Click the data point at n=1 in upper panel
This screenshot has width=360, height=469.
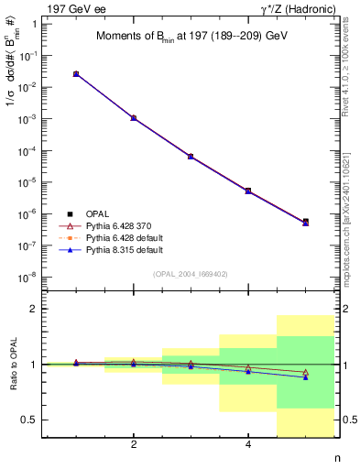76,73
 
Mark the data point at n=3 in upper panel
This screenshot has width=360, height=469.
191,157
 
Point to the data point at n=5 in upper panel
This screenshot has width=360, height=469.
305,222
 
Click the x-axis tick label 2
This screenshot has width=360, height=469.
134,445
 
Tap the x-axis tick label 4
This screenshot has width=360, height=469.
248,445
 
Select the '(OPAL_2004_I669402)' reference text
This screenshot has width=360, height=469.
191,273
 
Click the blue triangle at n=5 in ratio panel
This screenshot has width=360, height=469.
305,377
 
